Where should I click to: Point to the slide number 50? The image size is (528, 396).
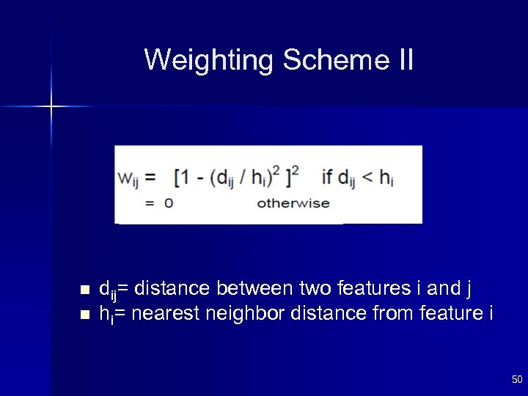(x=516, y=379)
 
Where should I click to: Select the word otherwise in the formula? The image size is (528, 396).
(x=293, y=203)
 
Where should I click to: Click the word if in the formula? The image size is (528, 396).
(x=327, y=177)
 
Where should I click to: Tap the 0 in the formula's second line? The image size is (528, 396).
(x=168, y=203)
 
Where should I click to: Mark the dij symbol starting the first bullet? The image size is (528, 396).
(x=107, y=288)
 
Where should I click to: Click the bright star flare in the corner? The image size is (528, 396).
(x=51, y=107)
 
